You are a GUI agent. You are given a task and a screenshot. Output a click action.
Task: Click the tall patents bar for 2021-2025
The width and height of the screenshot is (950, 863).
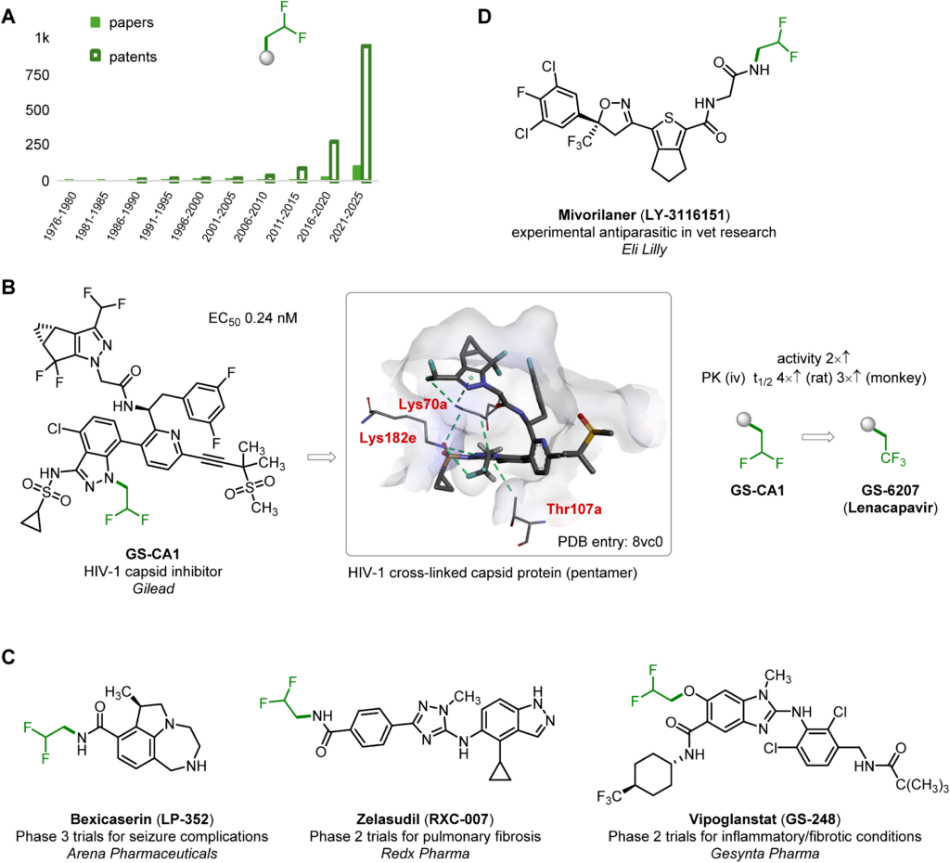pyautogui.click(x=366, y=112)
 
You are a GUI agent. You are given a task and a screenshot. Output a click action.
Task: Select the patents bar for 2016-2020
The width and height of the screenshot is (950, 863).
pyautogui.click(x=334, y=160)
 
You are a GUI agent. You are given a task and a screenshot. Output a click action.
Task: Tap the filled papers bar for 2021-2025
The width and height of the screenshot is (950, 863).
pyautogui.click(x=357, y=173)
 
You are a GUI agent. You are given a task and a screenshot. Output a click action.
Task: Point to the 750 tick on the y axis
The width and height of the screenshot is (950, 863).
pyautogui.click(x=37, y=75)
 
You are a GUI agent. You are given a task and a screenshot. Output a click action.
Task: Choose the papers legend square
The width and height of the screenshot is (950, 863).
pyautogui.click(x=96, y=22)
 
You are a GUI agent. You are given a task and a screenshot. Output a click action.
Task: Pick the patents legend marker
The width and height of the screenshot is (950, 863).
pyautogui.click(x=96, y=56)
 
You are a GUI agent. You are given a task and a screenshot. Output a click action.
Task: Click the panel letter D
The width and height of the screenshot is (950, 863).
pyautogui.click(x=484, y=17)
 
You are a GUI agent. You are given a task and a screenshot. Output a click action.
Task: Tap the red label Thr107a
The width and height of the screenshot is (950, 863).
pyautogui.click(x=573, y=509)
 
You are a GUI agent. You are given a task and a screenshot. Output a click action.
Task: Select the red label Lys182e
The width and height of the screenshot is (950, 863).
pyautogui.click(x=388, y=438)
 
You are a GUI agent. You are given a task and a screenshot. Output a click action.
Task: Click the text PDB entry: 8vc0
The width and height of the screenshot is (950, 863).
pyautogui.click(x=610, y=541)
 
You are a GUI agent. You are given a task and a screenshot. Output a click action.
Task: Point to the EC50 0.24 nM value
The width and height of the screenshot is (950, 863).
pyautogui.click(x=252, y=319)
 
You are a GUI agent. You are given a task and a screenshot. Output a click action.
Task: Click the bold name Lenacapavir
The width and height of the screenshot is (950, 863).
pyautogui.click(x=891, y=508)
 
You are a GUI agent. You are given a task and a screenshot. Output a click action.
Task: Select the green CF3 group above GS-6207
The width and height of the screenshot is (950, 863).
pyautogui.click(x=893, y=458)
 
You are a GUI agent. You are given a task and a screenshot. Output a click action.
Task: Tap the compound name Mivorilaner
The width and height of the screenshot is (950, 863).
pyautogui.click(x=597, y=214)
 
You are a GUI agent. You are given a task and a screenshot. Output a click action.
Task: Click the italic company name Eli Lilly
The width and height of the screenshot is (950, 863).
pyautogui.click(x=644, y=249)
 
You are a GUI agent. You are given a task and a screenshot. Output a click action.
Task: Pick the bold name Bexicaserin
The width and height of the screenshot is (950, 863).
pyautogui.click(x=111, y=819)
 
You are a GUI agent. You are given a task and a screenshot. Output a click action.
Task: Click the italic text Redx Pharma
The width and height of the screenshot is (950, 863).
pyautogui.click(x=425, y=854)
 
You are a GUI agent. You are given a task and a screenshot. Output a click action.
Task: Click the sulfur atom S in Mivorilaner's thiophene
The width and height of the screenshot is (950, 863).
pyautogui.click(x=669, y=118)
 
